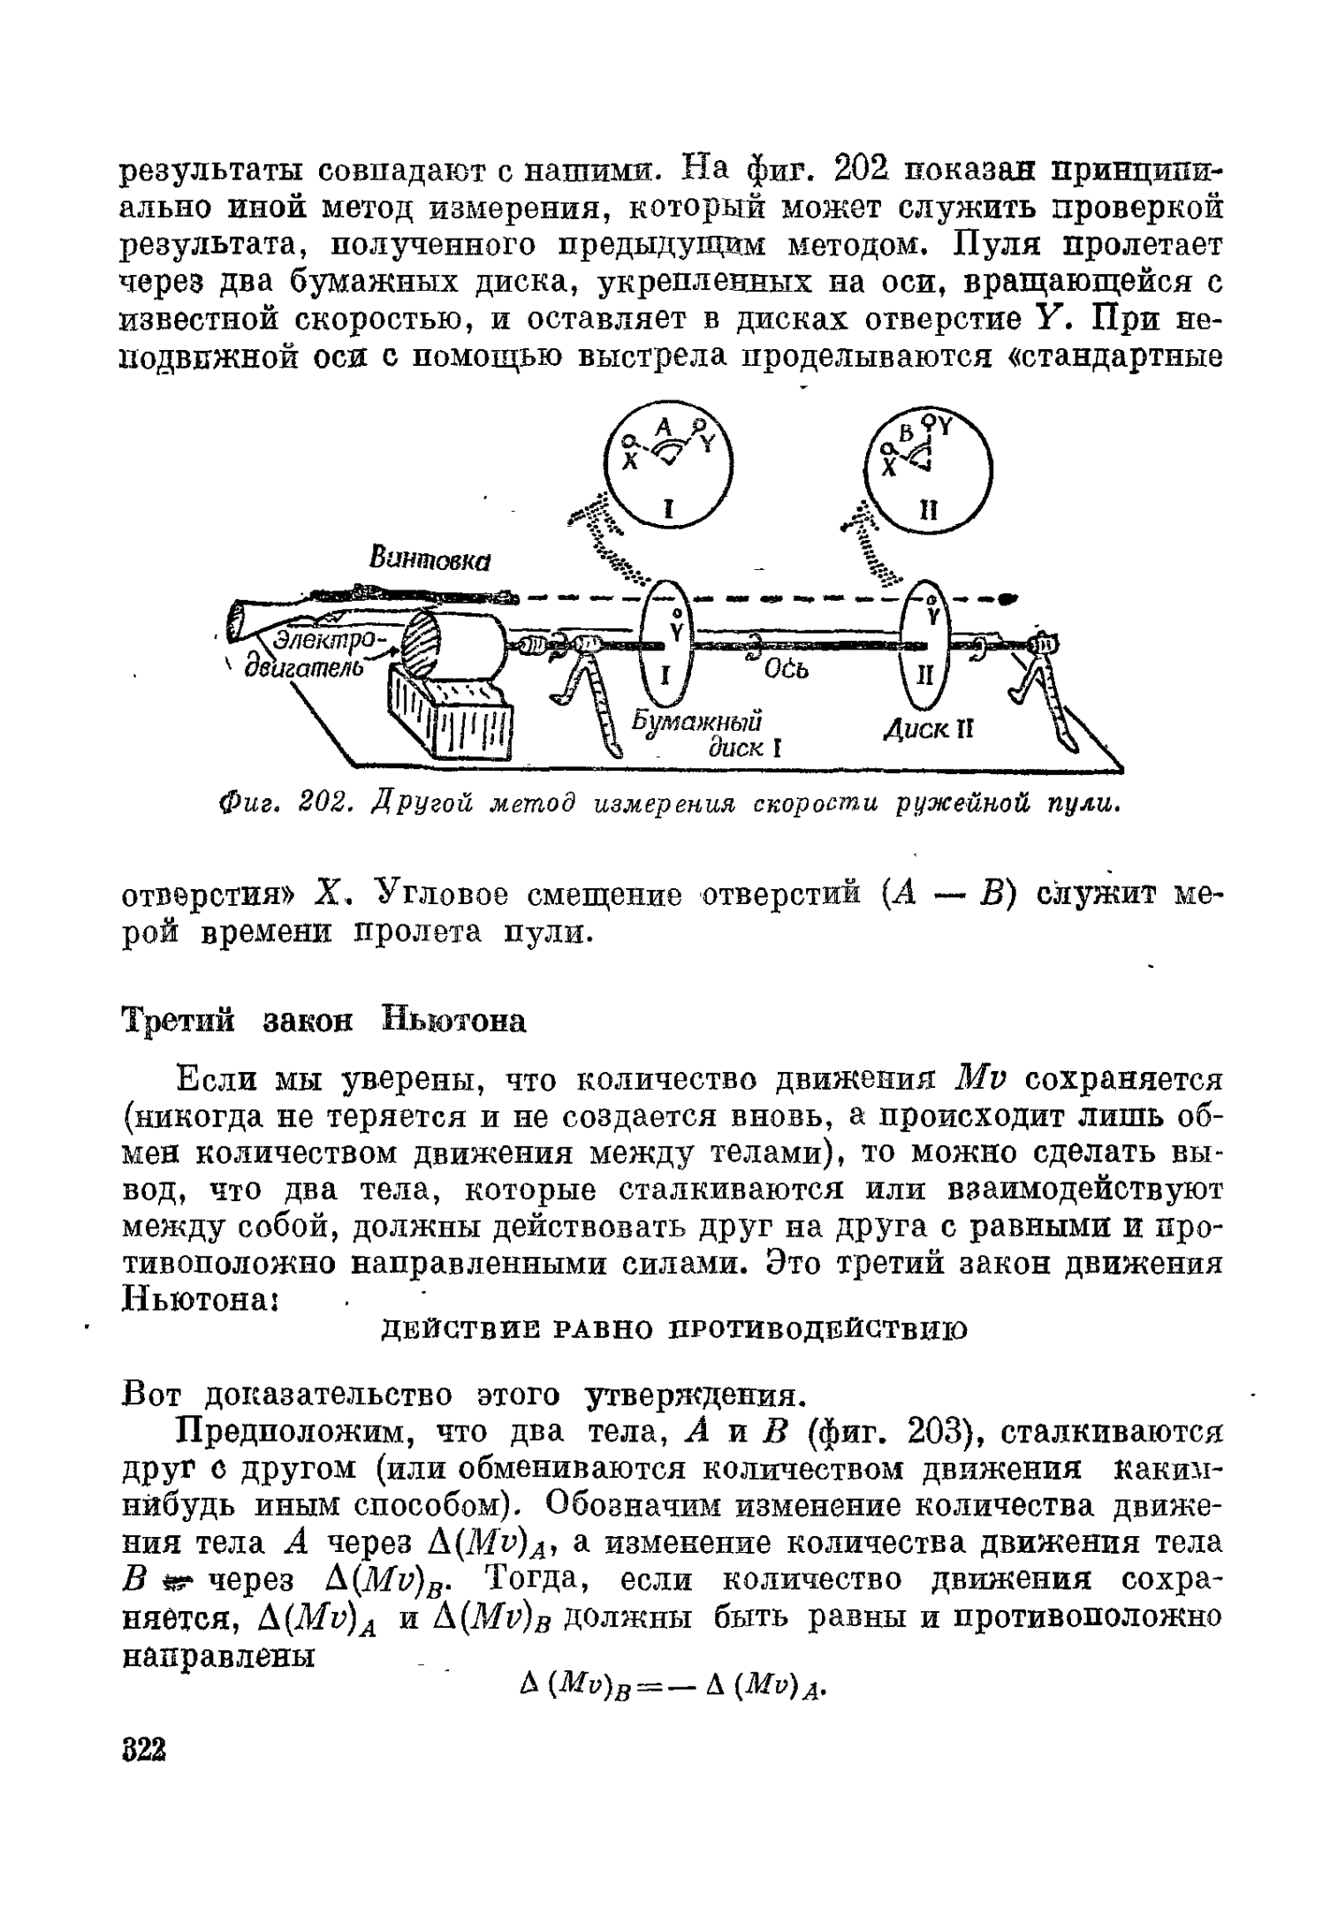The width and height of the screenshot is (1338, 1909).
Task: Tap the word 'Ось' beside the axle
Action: coord(787,671)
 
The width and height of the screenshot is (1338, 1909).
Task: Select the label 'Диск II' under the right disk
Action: coord(928,730)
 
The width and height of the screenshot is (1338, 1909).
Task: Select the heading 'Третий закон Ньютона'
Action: coord(323,1021)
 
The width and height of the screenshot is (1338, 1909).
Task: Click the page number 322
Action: coord(143,1750)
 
